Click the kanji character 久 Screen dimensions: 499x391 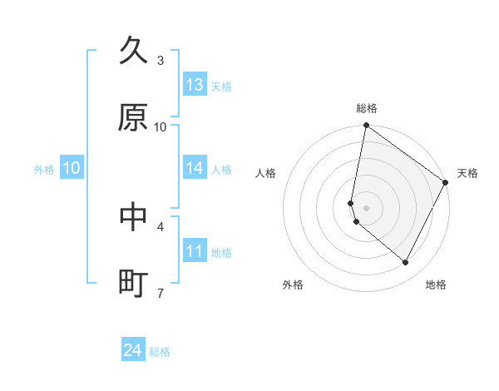coord(134,51)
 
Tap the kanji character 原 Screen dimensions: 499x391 coord(134,118)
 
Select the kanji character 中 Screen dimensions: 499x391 coord(134,216)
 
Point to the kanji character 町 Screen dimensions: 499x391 coord(134,284)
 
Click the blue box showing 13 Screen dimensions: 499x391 coord(195,85)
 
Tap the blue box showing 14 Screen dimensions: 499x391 coord(195,168)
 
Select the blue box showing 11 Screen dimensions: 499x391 coord(195,251)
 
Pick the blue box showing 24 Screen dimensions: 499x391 coord(133,351)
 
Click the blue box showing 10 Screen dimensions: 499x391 coord(72,168)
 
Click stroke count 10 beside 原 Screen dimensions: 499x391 coord(161,127)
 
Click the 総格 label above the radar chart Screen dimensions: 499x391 coord(367,108)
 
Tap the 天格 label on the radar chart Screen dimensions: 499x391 coord(467,173)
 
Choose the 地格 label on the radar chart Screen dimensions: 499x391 coord(436,285)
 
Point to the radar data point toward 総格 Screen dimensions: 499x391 coord(366,126)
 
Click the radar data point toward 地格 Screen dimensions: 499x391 coord(405,262)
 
